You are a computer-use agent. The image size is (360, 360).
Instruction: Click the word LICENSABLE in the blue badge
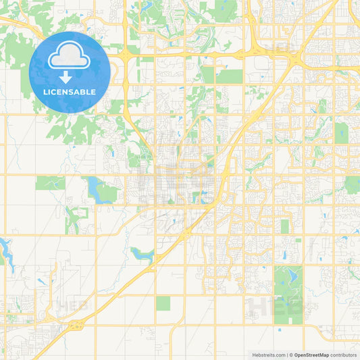(x=70, y=92)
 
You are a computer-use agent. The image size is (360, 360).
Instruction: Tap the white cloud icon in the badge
(x=70, y=59)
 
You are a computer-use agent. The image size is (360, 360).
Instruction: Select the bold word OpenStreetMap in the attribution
(x=311, y=355)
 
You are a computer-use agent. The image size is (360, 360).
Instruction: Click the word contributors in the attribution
(x=343, y=355)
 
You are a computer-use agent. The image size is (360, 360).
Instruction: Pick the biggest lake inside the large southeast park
(x=292, y=276)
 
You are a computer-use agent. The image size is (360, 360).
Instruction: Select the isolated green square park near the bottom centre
(x=163, y=303)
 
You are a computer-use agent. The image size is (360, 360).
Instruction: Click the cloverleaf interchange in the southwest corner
(x=75, y=326)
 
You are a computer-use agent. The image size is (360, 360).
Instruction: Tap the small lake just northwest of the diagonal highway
(x=143, y=254)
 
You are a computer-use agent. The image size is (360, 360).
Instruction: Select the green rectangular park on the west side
(x=51, y=182)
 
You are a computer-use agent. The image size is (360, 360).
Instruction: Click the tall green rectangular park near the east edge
(x=341, y=132)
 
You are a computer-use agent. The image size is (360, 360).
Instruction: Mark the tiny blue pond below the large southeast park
(x=279, y=330)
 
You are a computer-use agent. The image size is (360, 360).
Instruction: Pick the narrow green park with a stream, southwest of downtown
(x=73, y=217)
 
